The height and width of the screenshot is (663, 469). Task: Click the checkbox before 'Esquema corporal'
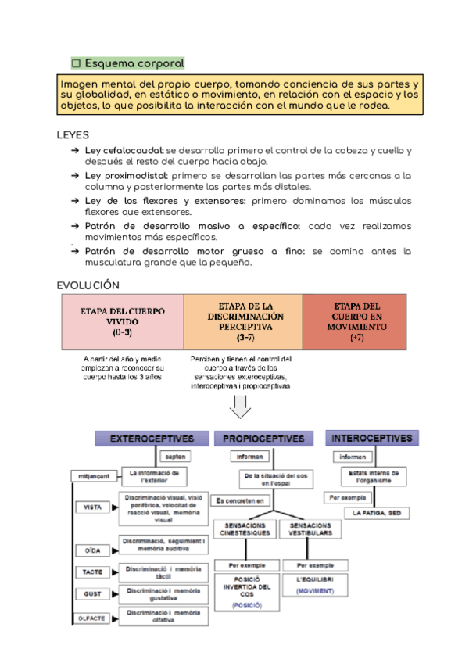[x=77, y=63]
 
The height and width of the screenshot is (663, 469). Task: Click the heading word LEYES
[x=73, y=134]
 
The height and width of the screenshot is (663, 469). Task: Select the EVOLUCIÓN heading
[x=88, y=285]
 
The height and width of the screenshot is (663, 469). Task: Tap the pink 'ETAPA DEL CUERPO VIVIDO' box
[x=123, y=321]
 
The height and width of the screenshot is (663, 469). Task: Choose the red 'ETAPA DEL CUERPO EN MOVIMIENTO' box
[x=356, y=321]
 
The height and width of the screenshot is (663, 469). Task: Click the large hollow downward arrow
[x=240, y=407]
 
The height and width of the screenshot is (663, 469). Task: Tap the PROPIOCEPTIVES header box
[x=263, y=439]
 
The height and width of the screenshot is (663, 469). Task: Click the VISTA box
[x=92, y=507]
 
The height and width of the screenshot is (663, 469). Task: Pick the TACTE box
[x=91, y=572]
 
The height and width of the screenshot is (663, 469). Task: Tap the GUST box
[x=92, y=594]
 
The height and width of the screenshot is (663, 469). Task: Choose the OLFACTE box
[x=91, y=618]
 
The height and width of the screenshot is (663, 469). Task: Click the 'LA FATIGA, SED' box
[x=377, y=513]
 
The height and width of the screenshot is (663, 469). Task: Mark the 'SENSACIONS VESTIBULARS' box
[x=311, y=529]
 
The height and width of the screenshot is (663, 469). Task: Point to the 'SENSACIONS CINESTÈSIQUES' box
[x=244, y=529]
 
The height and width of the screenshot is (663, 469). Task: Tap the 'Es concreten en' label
[x=240, y=500]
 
